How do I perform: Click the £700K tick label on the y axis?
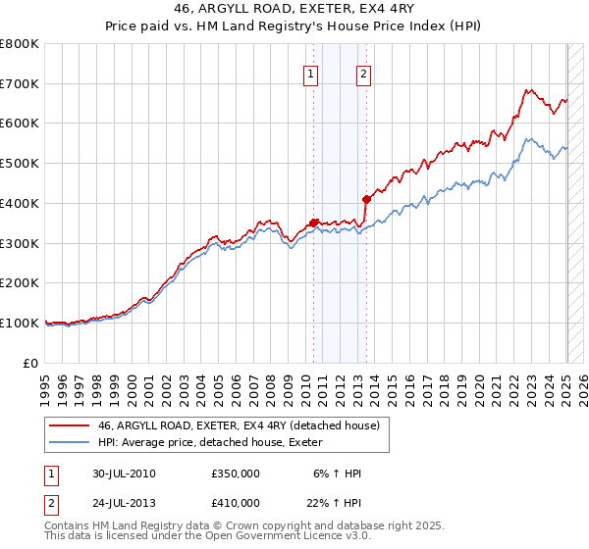pyautogui.click(x=20, y=84)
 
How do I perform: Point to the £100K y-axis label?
pyautogui.click(x=20, y=323)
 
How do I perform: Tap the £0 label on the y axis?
pyautogui.click(x=30, y=363)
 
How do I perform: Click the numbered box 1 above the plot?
pyautogui.click(x=311, y=73)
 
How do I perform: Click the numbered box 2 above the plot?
pyautogui.click(x=363, y=73)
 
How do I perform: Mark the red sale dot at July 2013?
pyautogui.click(x=366, y=199)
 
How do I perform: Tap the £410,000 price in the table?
pyautogui.click(x=236, y=502)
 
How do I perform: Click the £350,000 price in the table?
pyautogui.click(x=236, y=474)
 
